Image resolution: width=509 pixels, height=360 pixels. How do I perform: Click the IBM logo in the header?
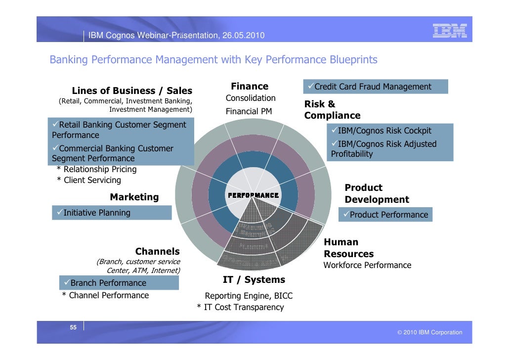(x=449, y=31)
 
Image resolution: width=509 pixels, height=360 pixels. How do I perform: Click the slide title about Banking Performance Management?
(x=213, y=60)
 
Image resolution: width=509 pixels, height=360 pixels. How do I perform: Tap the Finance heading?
(x=250, y=86)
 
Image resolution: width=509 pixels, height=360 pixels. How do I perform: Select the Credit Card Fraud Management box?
(x=376, y=87)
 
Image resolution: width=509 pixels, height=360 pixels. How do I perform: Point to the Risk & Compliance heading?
(x=332, y=110)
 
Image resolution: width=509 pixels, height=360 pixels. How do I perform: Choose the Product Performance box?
(x=385, y=215)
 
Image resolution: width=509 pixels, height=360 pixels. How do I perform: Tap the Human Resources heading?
(x=348, y=248)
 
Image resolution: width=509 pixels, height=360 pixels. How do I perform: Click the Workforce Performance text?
(x=367, y=265)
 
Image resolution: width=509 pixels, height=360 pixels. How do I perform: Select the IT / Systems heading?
(x=254, y=280)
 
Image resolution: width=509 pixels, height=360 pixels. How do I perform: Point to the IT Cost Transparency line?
(x=241, y=307)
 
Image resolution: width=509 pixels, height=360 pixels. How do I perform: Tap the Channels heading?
(x=157, y=252)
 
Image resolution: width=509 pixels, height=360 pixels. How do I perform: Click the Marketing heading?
(x=134, y=197)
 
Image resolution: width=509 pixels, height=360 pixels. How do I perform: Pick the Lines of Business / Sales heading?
(x=132, y=90)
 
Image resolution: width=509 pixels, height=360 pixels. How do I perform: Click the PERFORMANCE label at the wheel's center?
(x=253, y=195)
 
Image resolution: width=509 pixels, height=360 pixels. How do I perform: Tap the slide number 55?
(x=73, y=327)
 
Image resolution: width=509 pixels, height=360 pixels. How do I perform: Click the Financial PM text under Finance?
(x=249, y=111)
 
